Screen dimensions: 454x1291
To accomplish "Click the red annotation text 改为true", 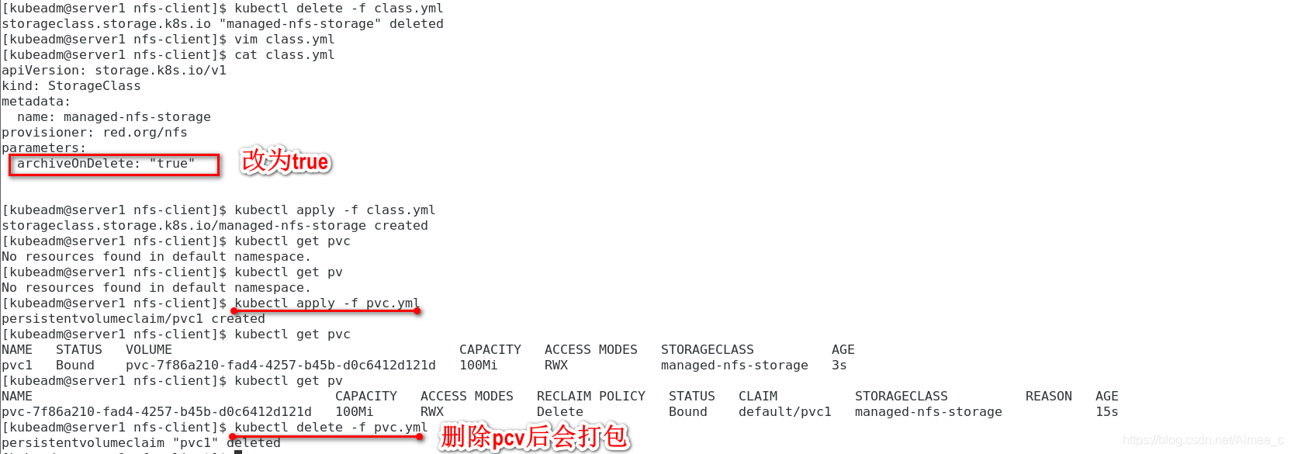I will tap(286, 161).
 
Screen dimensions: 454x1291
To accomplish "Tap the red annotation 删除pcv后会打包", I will tap(534, 437).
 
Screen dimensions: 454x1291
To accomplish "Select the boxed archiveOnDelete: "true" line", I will tap(113, 164).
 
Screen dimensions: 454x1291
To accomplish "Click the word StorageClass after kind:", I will tap(94, 86).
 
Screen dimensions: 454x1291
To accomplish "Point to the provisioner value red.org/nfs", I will tap(145, 133).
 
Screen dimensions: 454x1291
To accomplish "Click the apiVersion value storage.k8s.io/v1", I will tap(161, 71).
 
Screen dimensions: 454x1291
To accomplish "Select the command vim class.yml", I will tap(284, 40).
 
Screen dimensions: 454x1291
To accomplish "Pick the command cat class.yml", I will tap(284, 55).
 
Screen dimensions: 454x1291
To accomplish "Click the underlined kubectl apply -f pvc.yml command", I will tap(327, 303).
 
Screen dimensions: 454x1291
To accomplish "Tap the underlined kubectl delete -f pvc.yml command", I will tap(331, 428).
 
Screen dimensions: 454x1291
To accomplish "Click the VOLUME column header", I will tap(148, 350).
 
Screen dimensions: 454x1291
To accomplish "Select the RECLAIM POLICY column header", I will tap(590, 397).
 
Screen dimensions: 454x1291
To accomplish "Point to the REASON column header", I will tap(1048, 397).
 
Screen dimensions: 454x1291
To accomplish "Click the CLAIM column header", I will tap(757, 397).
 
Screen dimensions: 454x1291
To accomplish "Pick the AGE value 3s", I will tap(839, 366).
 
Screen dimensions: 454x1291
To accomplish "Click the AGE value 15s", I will tap(1106, 412).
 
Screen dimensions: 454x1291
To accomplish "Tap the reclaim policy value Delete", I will tap(559, 412).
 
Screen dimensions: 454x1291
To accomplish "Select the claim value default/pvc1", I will tap(784, 412).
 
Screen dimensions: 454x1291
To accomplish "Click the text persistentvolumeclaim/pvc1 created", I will tap(133, 319).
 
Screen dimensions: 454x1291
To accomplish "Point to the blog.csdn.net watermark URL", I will tap(1202, 440).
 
